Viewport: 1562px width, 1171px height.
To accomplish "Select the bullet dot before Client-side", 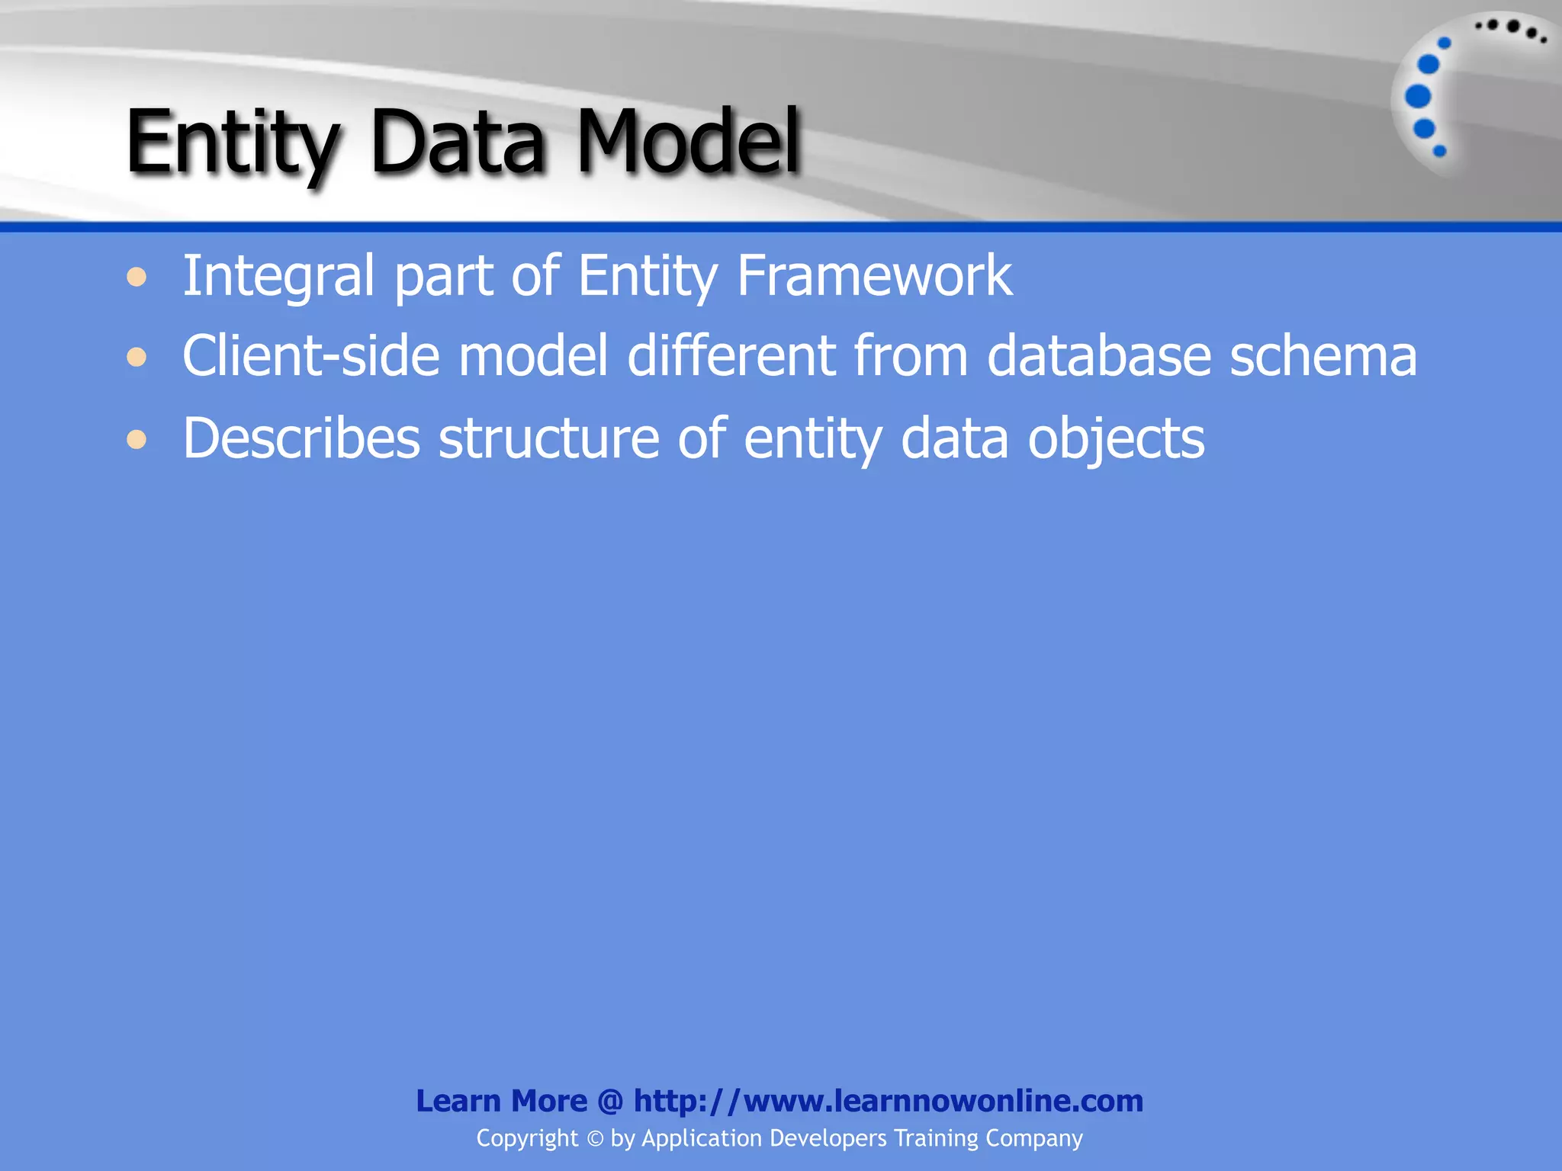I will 137,357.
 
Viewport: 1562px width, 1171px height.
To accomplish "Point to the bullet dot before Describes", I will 137,439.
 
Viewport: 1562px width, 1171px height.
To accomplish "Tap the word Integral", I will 278,276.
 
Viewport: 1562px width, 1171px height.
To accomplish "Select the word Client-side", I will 311,355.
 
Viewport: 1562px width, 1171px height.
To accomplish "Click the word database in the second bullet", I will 1099,355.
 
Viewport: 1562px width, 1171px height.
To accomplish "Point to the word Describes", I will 301,438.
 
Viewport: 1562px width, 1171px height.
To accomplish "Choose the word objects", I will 1116,440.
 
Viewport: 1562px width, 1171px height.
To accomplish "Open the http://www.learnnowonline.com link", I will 889,1101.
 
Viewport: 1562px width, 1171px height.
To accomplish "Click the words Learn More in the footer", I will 501,1101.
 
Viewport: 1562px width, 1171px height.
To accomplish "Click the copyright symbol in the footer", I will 595,1139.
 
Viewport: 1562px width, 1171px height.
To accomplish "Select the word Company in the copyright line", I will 1033,1139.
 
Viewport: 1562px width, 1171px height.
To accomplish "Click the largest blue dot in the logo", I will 1418,97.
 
